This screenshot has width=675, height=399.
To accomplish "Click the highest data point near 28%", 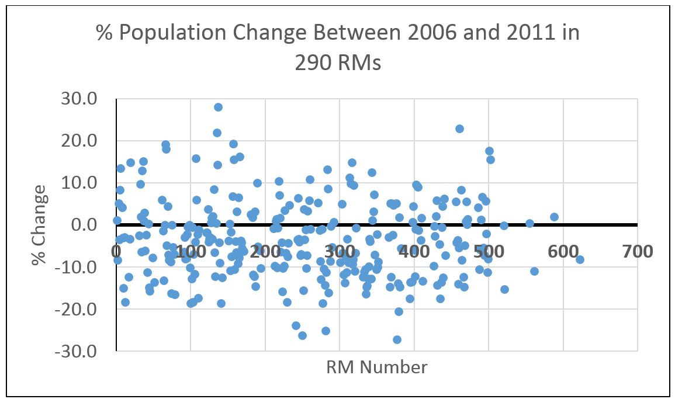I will [x=218, y=107].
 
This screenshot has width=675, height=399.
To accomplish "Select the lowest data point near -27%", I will [x=397, y=339].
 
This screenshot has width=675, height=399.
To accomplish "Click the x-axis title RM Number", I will [x=376, y=367].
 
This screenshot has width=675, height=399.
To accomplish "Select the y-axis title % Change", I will [x=40, y=225].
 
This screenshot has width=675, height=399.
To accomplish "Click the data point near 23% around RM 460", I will [x=459, y=129].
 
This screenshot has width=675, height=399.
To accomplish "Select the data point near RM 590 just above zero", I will [x=554, y=217].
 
